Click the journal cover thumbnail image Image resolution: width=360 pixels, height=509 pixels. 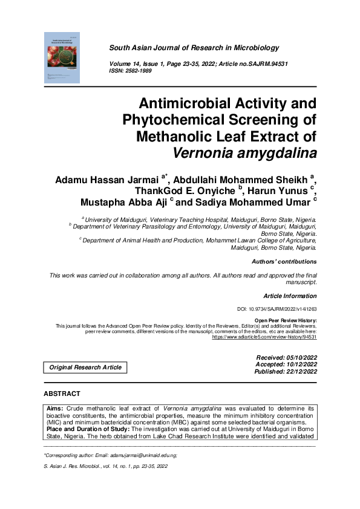point(62,57)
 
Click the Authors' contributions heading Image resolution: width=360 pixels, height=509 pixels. point(284,262)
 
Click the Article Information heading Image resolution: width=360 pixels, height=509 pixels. point(290,296)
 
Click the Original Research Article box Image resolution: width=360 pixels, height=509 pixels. point(85,368)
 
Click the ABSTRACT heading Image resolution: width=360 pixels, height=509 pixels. point(62,394)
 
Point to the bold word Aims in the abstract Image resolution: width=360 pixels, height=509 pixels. point(55,409)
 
